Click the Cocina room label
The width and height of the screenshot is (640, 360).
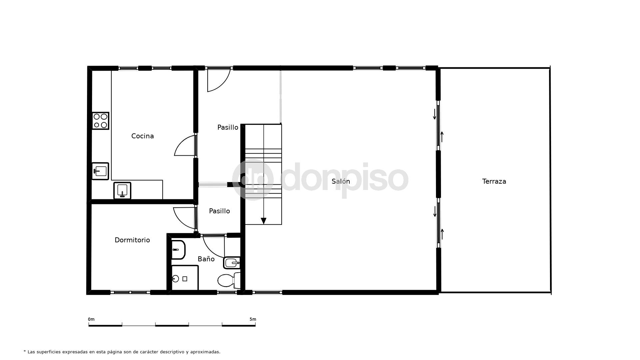click(x=142, y=136)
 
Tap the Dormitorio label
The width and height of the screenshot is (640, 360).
click(x=132, y=240)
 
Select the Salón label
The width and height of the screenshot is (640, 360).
click(x=341, y=181)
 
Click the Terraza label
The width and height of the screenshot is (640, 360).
click(x=494, y=181)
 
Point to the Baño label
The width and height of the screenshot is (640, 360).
click(x=206, y=259)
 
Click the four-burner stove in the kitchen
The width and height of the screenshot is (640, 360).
click(x=100, y=121)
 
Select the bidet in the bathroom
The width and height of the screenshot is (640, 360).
click(x=178, y=250)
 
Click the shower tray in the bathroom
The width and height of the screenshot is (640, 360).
click(x=185, y=278)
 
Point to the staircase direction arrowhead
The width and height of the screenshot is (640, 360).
click(x=263, y=221)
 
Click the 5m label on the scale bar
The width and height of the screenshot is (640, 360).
click(x=253, y=319)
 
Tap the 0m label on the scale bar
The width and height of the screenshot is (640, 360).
click(x=91, y=319)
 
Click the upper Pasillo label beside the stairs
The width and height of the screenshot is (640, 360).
click(x=228, y=127)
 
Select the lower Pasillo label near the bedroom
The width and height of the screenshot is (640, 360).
click(x=219, y=211)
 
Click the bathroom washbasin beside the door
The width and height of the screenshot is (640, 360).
click(x=232, y=263)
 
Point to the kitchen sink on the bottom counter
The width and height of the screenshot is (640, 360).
click(x=122, y=191)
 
